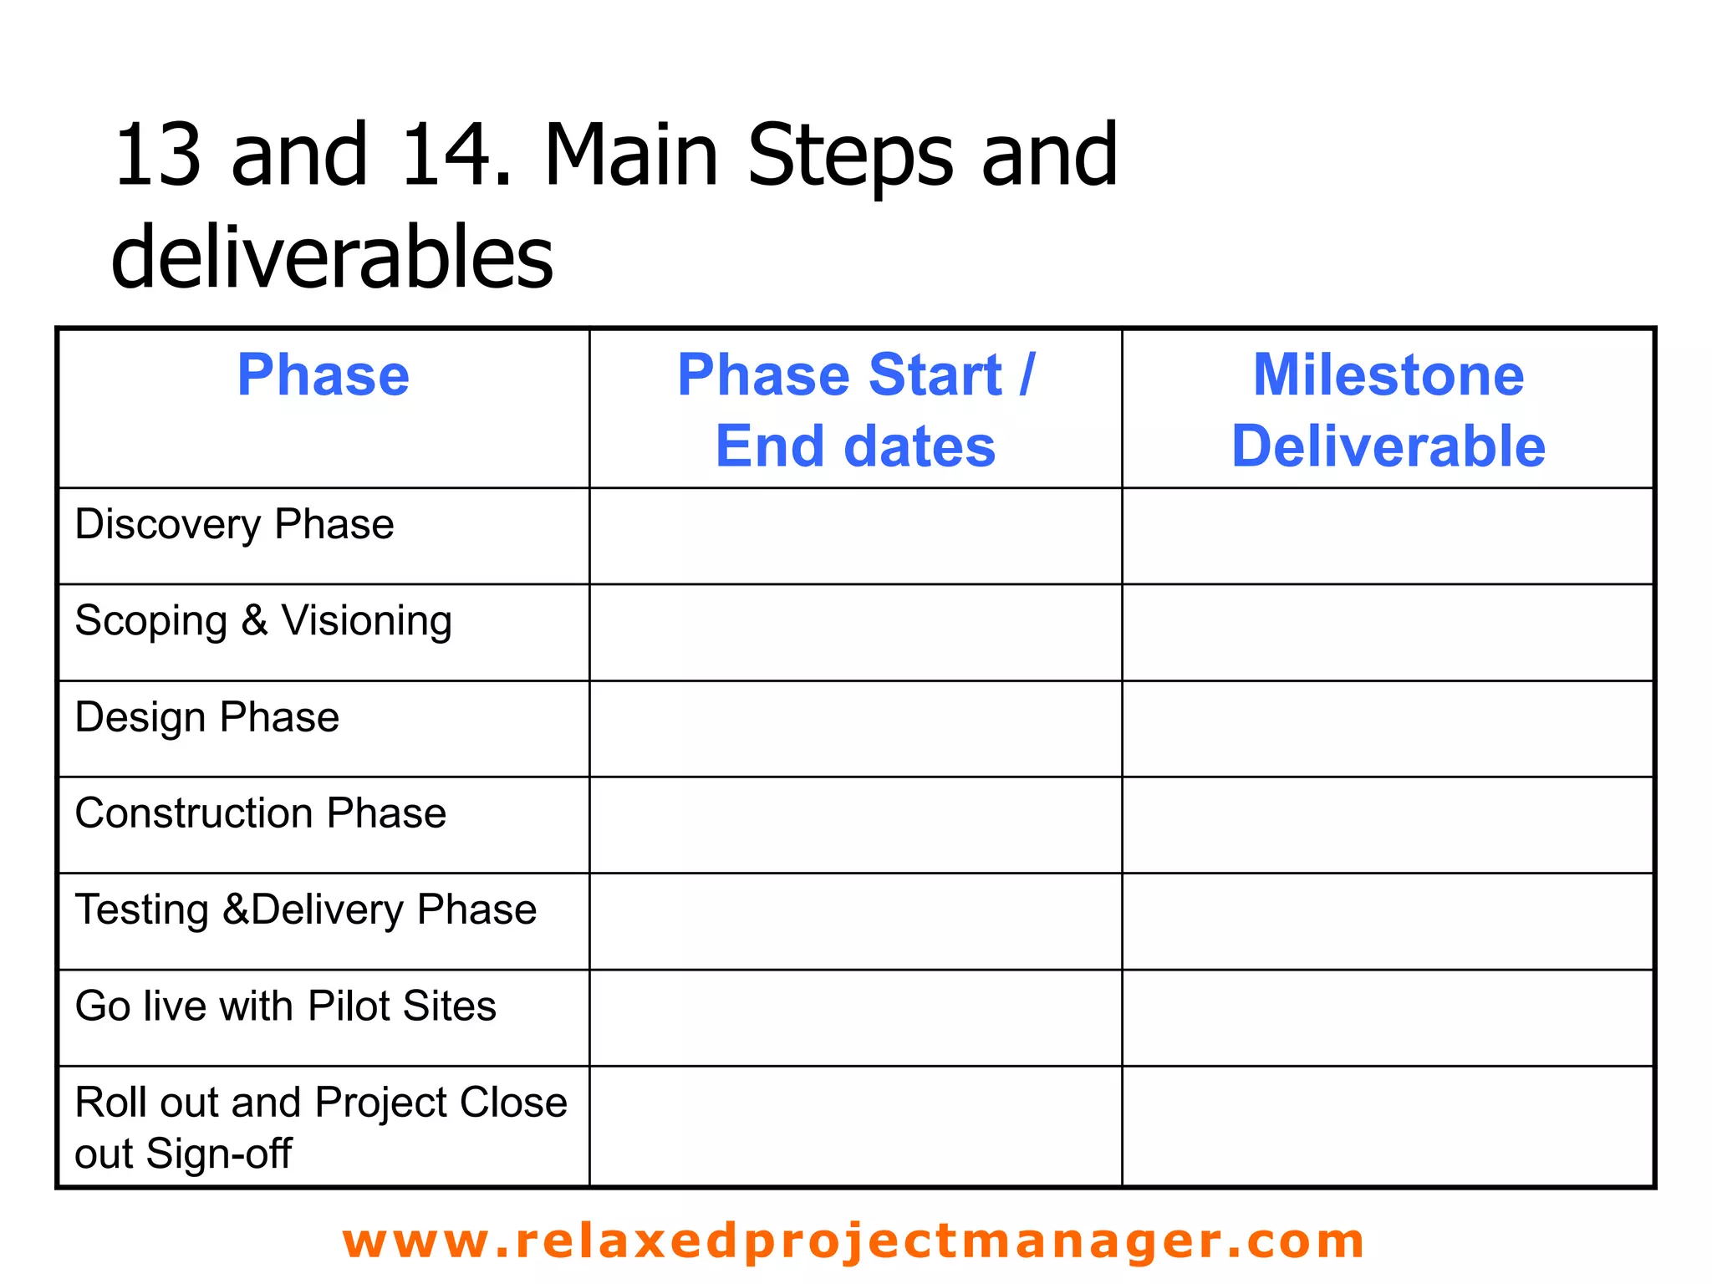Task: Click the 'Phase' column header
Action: pos(323,375)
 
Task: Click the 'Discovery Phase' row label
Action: pos(234,525)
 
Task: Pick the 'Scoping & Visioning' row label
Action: pos(263,622)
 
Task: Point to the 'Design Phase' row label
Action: pos(207,718)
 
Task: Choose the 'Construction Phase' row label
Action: pos(261,813)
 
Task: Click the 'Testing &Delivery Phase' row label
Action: pos(306,910)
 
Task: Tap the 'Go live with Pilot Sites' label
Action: pos(286,1006)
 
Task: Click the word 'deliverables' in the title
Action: pos(332,257)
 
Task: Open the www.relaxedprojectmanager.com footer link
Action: pos(853,1241)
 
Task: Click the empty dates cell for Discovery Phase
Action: pos(855,536)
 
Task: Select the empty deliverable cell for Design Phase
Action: pos(1388,729)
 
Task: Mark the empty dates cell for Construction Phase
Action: pos(855,825)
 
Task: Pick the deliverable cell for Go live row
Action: pos(1388,1017)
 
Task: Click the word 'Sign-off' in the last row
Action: pos(219,1154)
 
